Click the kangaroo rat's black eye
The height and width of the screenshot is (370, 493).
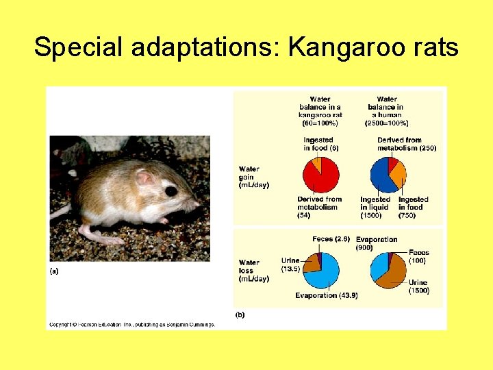coord(170,190)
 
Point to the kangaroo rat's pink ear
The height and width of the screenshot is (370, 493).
coord(146,178)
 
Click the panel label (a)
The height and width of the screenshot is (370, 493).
coord(54,271)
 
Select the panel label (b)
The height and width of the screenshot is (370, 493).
coord(240,314)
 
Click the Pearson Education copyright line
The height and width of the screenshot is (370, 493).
coord(132,324)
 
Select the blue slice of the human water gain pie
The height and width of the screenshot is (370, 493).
coord(380,177)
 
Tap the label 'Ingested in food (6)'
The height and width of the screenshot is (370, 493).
coord(320,144)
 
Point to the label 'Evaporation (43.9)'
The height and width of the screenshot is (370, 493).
coord(327,295)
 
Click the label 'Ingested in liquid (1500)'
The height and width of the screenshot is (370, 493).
coord(375,207)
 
